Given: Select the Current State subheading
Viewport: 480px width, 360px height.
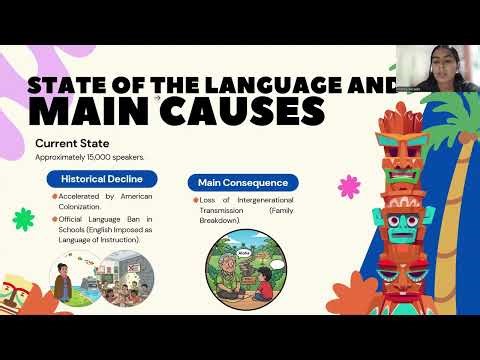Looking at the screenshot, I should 71,142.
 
